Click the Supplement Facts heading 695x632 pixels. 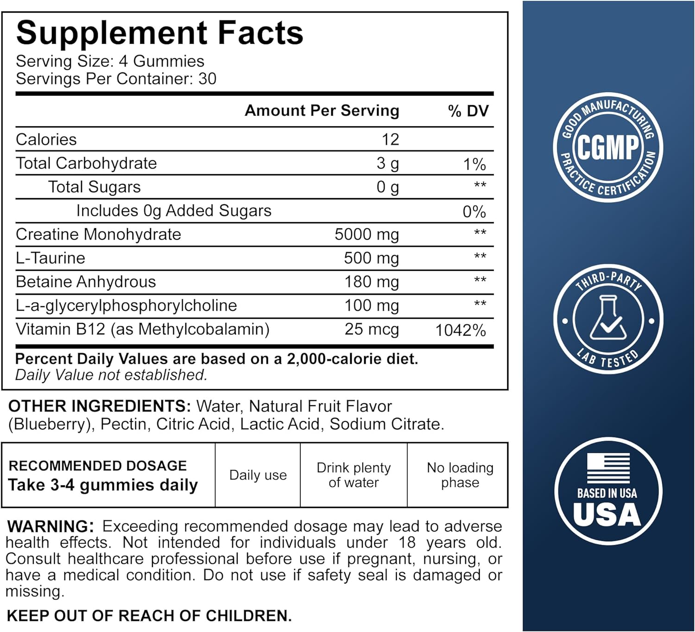pos(159,33)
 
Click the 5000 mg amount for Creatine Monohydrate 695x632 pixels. pos(366,234)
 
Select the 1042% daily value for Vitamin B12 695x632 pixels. pos(460,330)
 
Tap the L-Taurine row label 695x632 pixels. pos(51,258)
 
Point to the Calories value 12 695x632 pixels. pos(390,139)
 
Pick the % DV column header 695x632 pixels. pos(468,111)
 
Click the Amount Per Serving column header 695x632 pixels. pos(322,111)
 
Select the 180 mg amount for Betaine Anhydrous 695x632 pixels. pos(371,282)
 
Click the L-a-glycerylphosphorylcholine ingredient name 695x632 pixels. pos(126,306)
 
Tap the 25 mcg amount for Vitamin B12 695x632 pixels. pos(372,329)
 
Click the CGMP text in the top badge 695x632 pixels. pos(607,148)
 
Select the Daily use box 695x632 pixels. pos(258,475)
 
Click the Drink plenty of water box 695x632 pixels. pos(354,475)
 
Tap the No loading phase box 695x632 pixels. pos(460,475)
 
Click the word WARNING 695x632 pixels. pos(51,526)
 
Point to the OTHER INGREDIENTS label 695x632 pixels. pos(99,406)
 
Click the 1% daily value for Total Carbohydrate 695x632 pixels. pos(474,164)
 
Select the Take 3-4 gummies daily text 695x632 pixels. pos(103,485)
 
